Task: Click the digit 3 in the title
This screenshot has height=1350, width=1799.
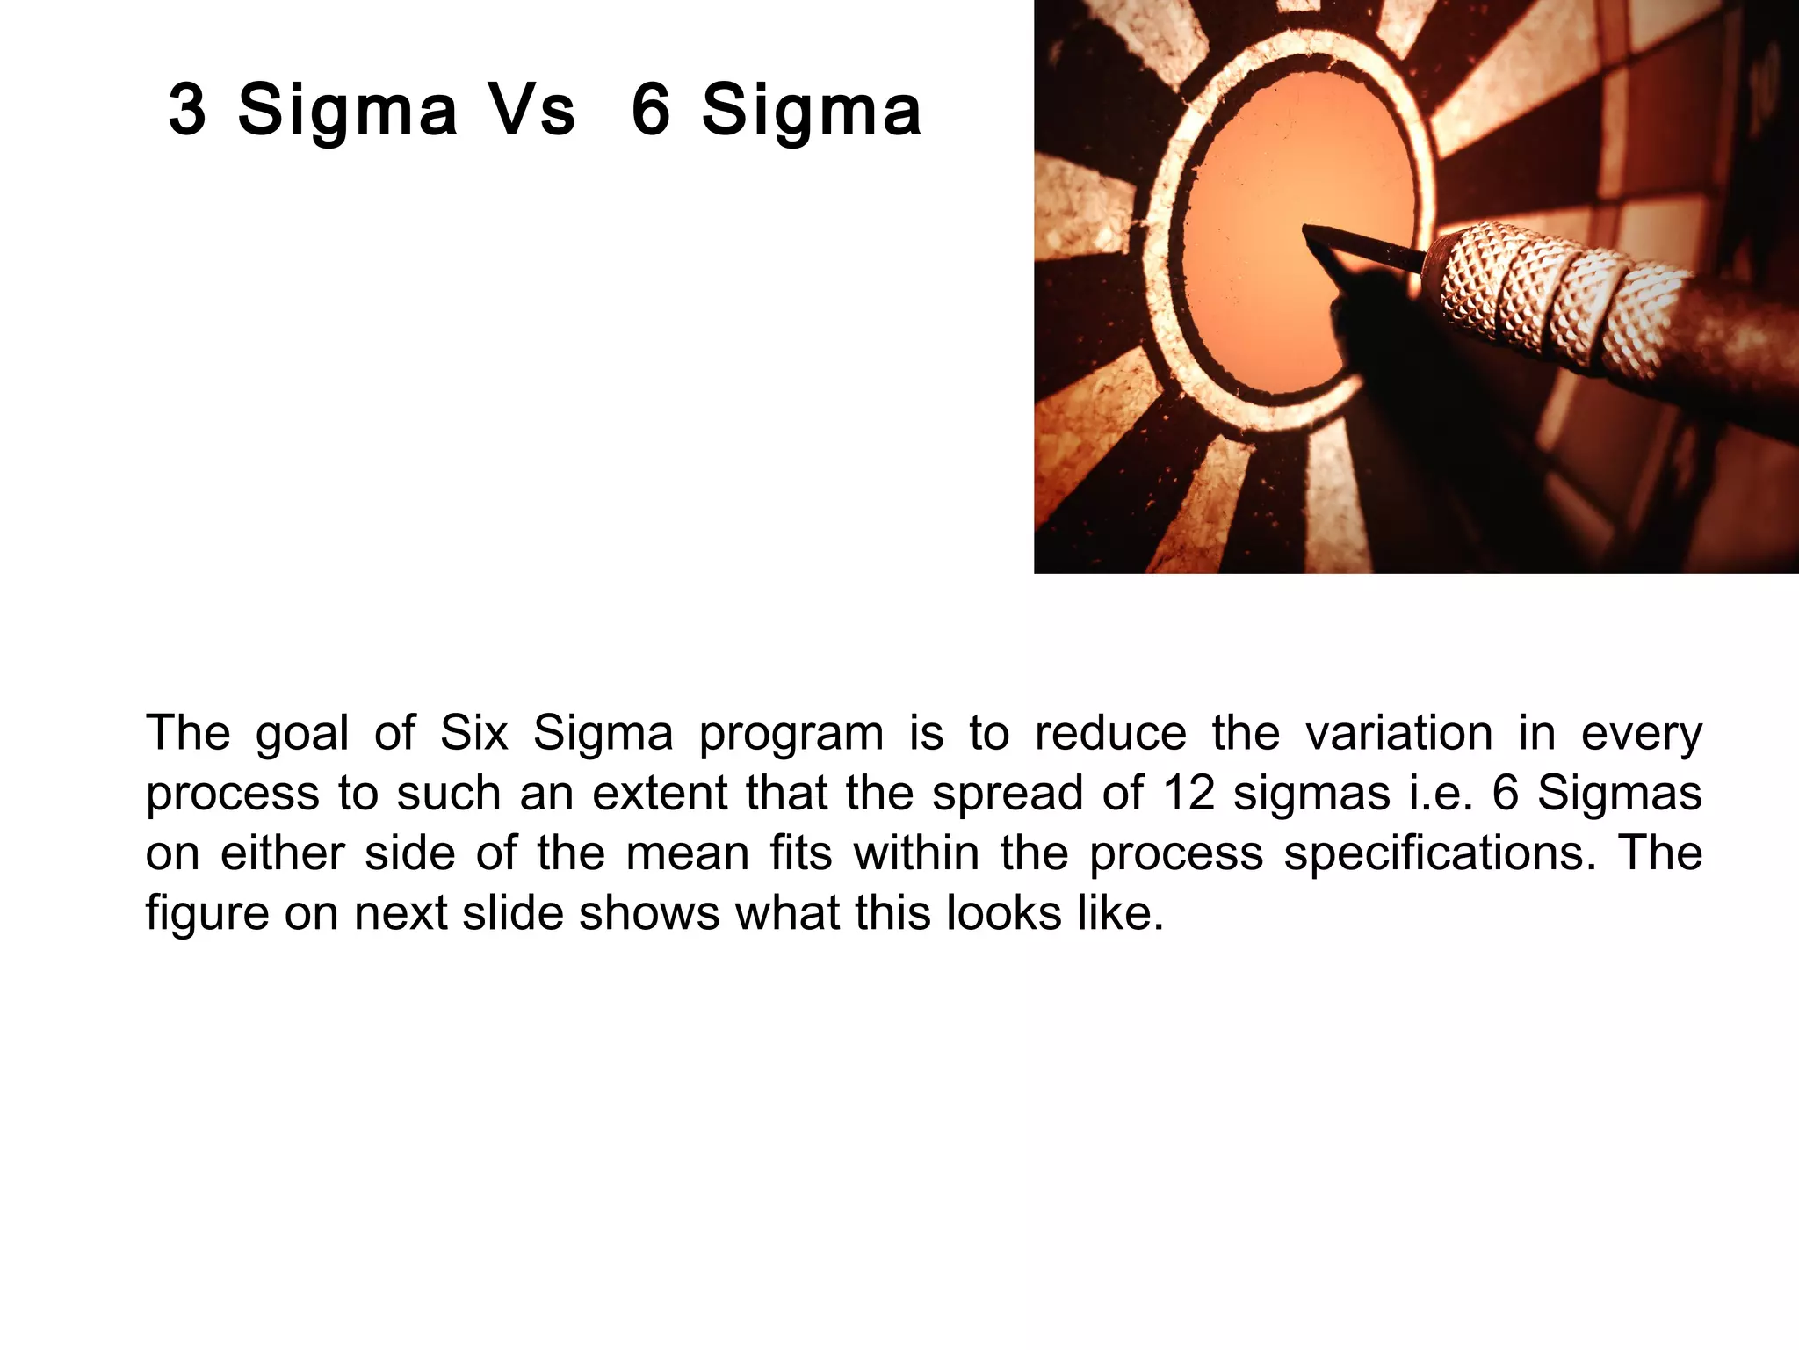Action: pyautogui.click(x=188, y=110)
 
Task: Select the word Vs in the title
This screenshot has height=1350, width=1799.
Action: pyautogui.click(x=531, y=110)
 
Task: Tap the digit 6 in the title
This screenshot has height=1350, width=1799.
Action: pyautogui.click(x=651, y=110)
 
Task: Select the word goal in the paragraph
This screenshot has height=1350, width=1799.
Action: pyautogui.click(x=302, y=734)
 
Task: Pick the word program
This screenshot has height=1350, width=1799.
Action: pyautogui.click(x=791, y=734)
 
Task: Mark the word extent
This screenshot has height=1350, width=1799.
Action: pyautogui.click(x=658, y=793)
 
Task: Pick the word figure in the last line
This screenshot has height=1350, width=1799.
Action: pyautogui.click(x=207, y=914)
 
